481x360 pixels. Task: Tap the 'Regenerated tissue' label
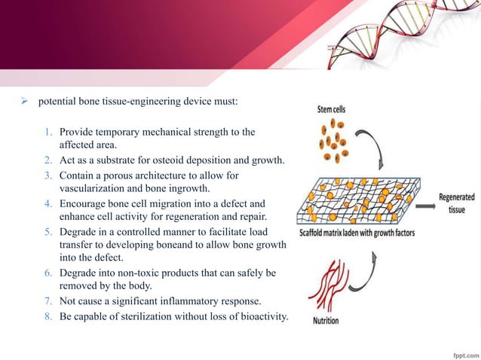coord(457,203)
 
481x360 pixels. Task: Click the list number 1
coord(48,132)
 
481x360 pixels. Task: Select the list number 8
coord(48,315)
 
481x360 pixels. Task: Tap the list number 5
coord(48,233)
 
